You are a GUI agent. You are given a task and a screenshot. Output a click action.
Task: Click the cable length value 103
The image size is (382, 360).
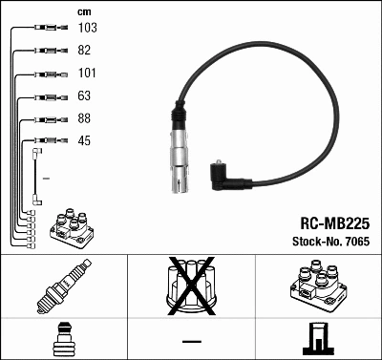tap(87, 29)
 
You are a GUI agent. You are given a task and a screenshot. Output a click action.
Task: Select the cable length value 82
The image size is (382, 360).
tap(85, 51)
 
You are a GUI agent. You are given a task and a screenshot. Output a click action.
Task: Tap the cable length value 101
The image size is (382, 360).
tap(87, 74)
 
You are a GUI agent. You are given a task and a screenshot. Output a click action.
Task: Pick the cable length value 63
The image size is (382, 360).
tap(85, 96)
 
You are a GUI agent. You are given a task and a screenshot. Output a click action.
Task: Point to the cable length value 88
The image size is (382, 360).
tap(85, 119)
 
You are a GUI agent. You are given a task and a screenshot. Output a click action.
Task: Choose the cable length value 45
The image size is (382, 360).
tap(85, 142)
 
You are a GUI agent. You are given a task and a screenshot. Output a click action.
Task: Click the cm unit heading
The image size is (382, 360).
tap(84, 11)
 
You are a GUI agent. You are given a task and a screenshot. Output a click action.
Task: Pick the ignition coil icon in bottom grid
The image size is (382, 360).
tap(317, 284)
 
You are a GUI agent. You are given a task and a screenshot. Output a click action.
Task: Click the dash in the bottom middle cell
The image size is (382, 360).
tap(190, 340)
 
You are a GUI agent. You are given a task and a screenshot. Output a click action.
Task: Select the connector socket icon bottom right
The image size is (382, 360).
tap(317, 339)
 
